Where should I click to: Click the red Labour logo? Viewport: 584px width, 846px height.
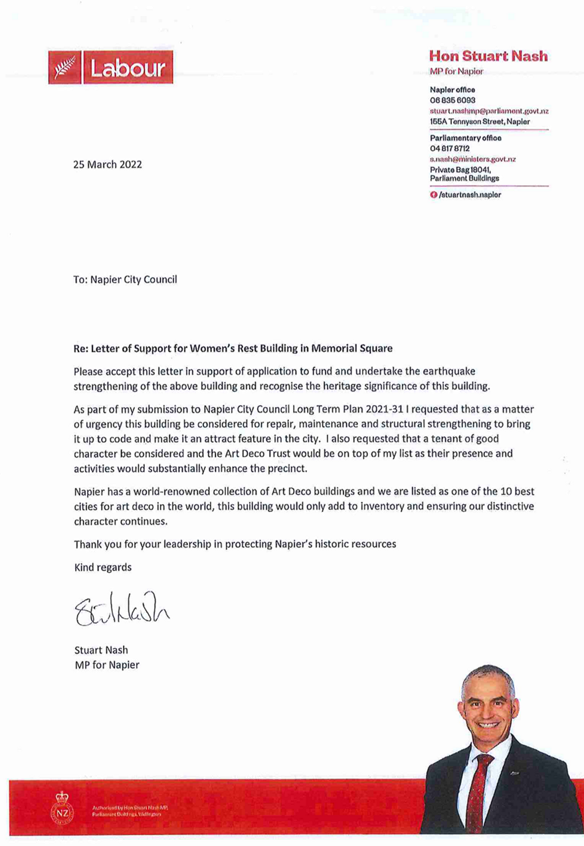[110, 68]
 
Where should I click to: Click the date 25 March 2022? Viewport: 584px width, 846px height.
[107, 165]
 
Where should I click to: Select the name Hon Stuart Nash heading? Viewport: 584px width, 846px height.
[488, 56]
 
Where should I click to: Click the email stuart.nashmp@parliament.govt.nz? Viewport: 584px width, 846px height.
[489, 110]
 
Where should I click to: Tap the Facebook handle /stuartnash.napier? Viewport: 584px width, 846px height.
[469, 195]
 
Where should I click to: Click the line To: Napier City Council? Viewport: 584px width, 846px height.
[126, 280]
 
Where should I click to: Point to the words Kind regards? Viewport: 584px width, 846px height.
[103, 567]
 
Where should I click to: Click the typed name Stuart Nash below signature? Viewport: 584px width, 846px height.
[102, 651]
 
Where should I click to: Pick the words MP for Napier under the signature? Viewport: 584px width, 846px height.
[107, 665]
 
